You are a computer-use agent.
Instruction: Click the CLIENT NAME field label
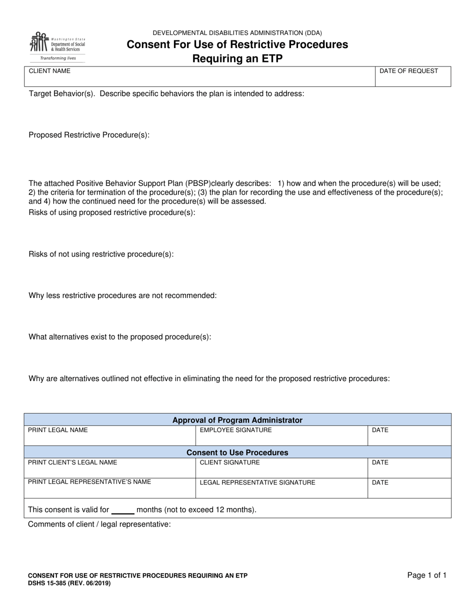click(x=49, y=71)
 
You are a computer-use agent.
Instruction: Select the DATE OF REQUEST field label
click(x=408, y=71)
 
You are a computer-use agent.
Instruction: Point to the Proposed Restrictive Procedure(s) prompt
click(x=89, y=135)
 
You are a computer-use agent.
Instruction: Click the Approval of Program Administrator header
click(x=237, y=420)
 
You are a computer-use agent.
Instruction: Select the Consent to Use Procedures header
click(x=237, y=452)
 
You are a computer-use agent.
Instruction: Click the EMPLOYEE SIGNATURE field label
click(x=235, y=430)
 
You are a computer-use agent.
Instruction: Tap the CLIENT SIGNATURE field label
click(x=229, y=462)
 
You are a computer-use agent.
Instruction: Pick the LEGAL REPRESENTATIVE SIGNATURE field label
click(x=257, y=482)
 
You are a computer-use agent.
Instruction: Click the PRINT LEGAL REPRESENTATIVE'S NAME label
click(x=89, y=482)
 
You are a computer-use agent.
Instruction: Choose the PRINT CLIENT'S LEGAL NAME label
click(x=72, y=462)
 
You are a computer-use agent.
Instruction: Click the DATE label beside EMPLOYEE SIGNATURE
click(x=380, y=430)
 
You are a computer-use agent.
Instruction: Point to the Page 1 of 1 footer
click(x=426, y=575)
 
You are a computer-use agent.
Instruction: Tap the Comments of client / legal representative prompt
click(x=99, y=524)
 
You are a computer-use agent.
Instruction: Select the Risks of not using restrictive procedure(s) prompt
click(x=101, y=254)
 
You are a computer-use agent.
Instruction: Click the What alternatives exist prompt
click(x=120, y=337)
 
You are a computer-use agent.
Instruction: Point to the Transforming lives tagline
click(x=58, y=58)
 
